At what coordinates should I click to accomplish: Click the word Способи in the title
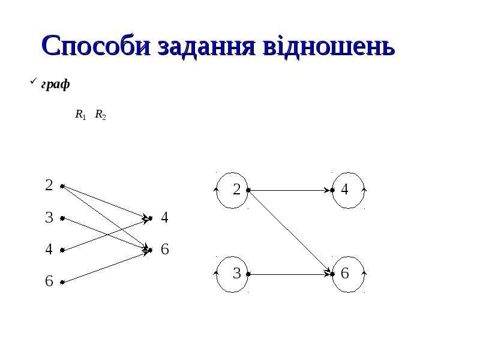96,46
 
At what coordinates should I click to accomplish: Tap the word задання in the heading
206,47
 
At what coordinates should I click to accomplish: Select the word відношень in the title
328,47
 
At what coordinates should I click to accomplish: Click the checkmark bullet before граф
33,81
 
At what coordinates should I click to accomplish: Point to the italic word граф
55,84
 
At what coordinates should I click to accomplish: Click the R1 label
80,115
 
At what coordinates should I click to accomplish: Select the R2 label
100,115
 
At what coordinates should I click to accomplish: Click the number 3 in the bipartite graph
49,218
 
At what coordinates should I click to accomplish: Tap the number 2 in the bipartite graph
49,185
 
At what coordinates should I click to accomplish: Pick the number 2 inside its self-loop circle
236,190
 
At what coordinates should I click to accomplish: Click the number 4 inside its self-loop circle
344,190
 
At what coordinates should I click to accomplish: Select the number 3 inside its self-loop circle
236,274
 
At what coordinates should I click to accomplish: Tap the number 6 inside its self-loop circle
344,274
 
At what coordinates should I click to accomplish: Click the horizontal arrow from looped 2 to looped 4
290,190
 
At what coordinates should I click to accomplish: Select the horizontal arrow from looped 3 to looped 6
290,274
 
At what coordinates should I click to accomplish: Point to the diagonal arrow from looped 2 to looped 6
290,232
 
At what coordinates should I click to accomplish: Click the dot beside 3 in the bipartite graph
62,218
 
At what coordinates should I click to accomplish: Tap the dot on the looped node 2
248,190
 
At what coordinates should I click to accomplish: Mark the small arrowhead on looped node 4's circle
364,190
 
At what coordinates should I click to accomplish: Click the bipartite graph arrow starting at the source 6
106,266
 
